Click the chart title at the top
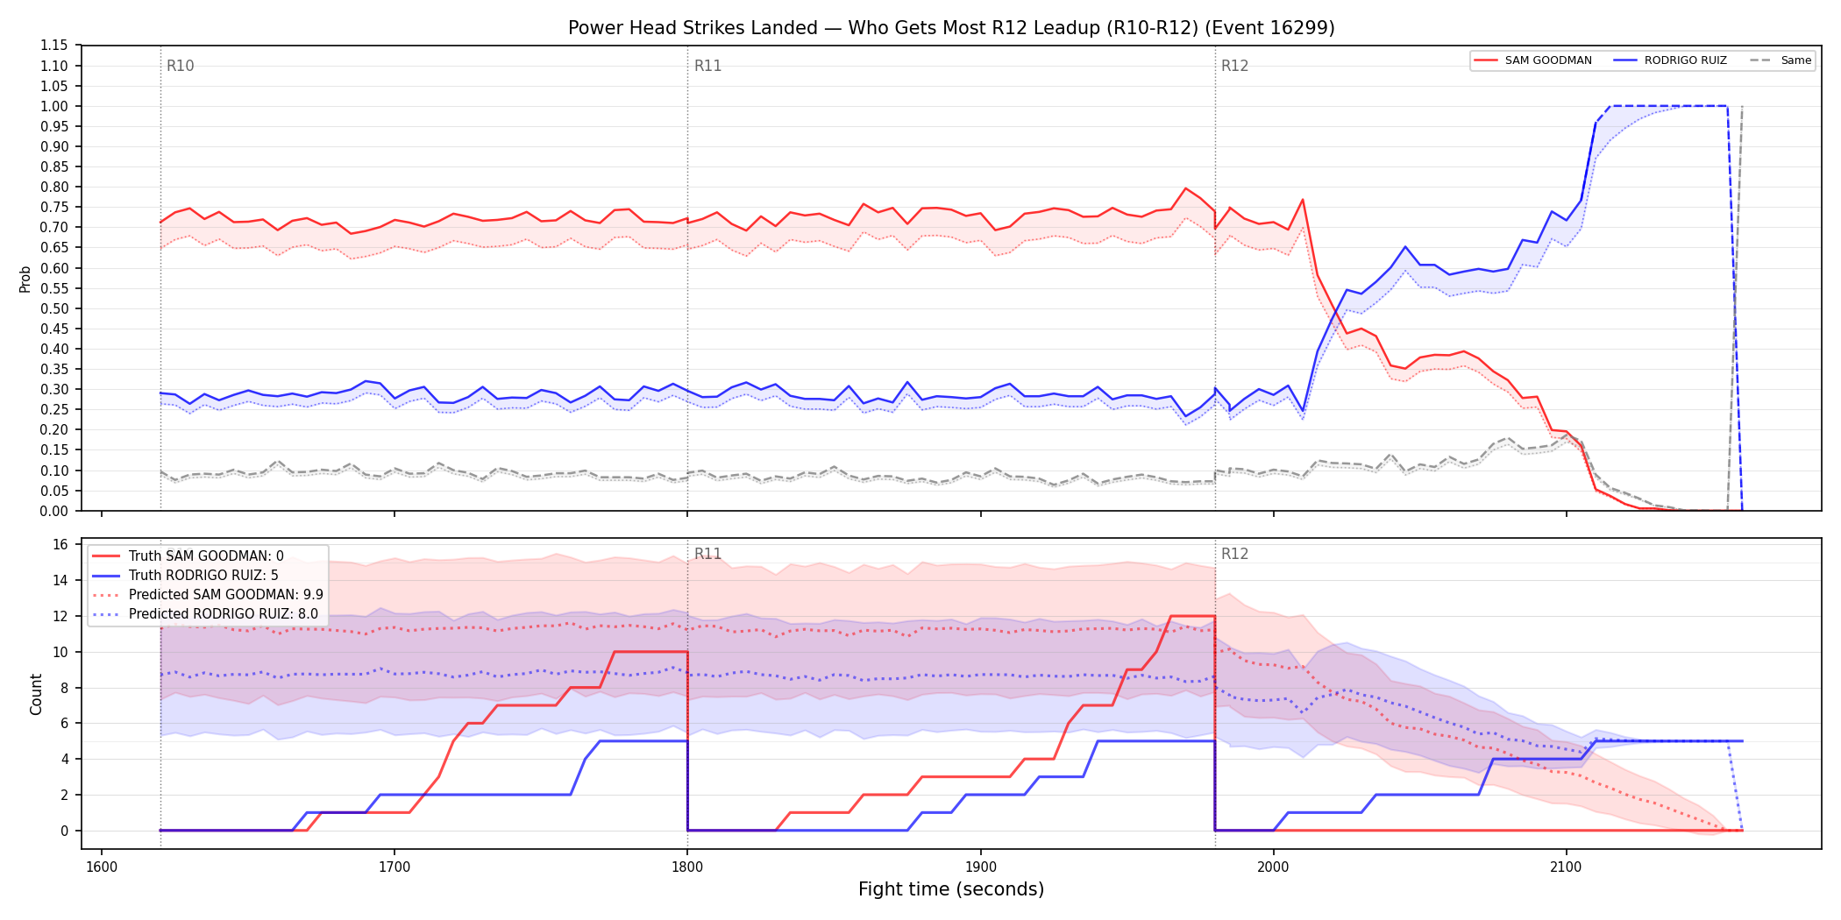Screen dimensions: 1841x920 (951, 28)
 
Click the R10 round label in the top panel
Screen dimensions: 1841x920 (181, 66)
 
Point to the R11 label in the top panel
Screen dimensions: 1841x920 (707, 66)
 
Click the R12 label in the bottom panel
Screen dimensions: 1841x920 (1234, 554)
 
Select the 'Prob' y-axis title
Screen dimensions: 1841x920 (25, 279)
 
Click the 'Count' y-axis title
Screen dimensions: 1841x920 (36, 694)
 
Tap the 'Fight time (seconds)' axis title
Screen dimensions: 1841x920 (951, 889)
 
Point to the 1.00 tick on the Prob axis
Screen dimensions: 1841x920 (54, 106)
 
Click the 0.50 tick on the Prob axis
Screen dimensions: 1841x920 (54, 308)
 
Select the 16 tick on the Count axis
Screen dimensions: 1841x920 (60, 544)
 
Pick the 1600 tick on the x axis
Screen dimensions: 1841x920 (102, 867)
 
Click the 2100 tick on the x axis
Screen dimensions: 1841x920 (1566, 867)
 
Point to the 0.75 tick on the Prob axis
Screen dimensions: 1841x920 (54, 208)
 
